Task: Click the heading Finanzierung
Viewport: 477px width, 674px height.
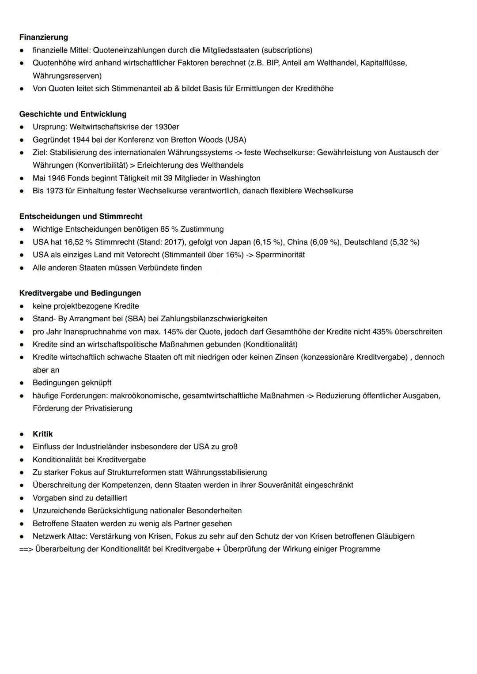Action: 43,37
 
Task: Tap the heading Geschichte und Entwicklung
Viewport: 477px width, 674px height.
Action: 72,114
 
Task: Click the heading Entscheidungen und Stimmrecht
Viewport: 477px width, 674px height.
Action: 81,216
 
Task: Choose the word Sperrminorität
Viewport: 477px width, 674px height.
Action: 280,255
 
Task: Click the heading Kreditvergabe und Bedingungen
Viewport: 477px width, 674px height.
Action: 80,293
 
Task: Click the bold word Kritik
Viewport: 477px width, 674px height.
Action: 42,434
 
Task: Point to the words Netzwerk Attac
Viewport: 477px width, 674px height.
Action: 59,536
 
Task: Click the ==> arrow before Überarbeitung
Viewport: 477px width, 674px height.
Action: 26,549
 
